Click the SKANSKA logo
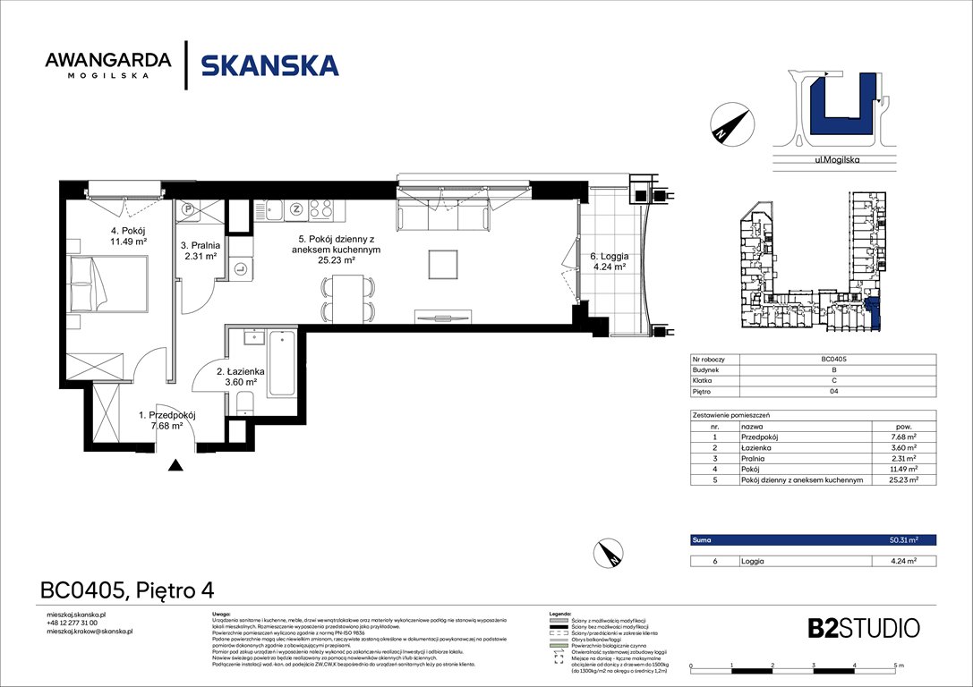[269, 65]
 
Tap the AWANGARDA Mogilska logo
[107, 65]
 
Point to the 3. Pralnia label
[201, 250]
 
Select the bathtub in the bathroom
[281, 363]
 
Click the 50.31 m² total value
[901, 540]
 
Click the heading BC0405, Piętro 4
[127, 590]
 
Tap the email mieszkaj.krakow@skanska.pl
[89, 632]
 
